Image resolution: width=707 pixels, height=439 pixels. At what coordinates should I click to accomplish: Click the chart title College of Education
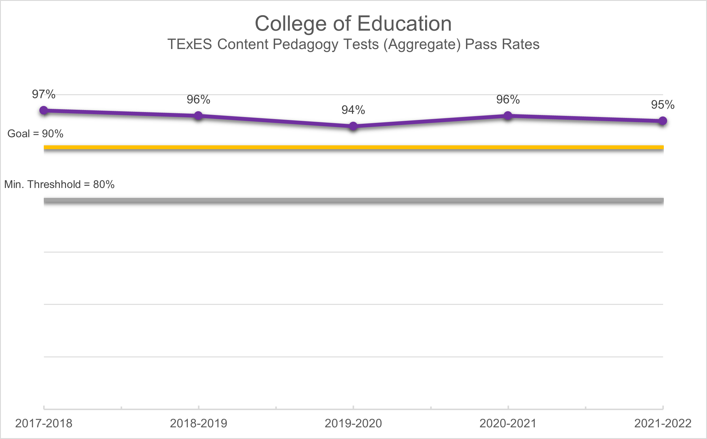tap(353, 23)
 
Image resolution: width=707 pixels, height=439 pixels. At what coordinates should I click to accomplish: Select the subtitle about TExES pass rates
tap(353, 44)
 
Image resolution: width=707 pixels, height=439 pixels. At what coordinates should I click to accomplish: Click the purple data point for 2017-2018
tap(44, 110)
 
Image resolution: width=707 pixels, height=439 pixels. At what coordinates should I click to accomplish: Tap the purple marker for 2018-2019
tap(198, 116)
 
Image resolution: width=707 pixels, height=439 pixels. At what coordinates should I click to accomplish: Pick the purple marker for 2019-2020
tap(353, 126)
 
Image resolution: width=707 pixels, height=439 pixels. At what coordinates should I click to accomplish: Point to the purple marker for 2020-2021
tap(508, 116)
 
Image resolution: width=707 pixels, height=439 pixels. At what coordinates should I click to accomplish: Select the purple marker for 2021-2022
tap(663, 121)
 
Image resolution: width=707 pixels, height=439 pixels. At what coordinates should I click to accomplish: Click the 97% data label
tap(44, 94)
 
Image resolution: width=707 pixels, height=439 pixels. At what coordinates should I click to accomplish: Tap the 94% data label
tap(353, 110)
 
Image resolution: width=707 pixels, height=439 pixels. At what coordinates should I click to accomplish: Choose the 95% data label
tap(663, 105)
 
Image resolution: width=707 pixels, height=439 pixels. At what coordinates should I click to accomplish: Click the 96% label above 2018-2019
tap(198, 100)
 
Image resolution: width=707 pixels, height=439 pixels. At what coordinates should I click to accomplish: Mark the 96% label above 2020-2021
tap(508, 100)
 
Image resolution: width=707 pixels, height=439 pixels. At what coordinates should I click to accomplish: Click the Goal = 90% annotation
tap(35, 134)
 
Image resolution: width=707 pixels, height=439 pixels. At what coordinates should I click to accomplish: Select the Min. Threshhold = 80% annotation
tap(59, 184)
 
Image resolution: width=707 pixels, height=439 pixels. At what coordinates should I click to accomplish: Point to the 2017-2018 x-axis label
tap(44, 423)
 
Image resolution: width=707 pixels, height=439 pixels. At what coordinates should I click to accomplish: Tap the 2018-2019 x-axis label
tap(198, 423)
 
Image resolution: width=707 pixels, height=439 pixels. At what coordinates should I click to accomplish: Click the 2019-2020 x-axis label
tap(353, 423)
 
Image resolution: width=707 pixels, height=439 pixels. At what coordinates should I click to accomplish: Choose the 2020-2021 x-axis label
tap(508, 423)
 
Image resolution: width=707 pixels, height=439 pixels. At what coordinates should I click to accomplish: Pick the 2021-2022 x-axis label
tap(663, 423)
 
